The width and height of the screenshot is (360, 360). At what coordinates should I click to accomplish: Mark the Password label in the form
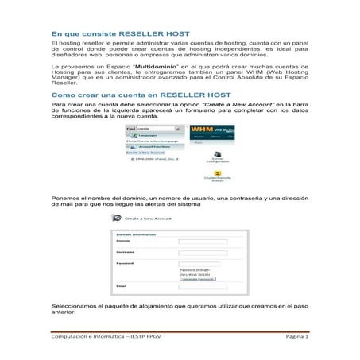click(x=126, y=262)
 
